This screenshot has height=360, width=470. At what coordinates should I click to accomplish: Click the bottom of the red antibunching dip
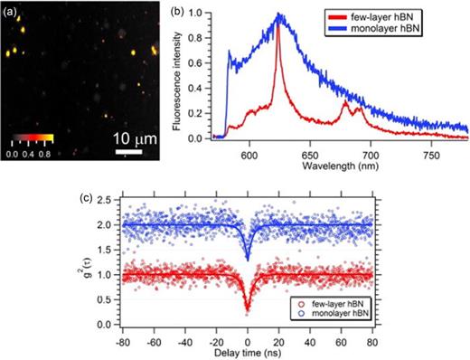tap(247, 310)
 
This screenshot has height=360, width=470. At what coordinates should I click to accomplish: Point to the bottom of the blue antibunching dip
tap(247, 259)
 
